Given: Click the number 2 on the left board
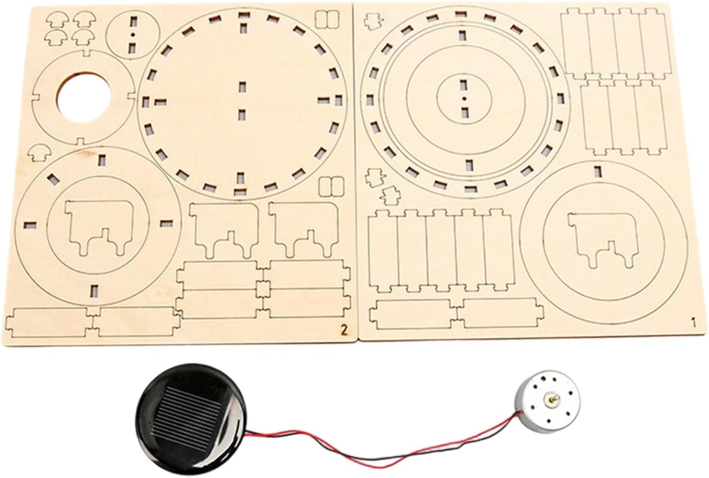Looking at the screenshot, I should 344,330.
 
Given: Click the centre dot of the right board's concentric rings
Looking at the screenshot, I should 463,98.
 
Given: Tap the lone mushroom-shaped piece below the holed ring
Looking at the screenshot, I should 37,153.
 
